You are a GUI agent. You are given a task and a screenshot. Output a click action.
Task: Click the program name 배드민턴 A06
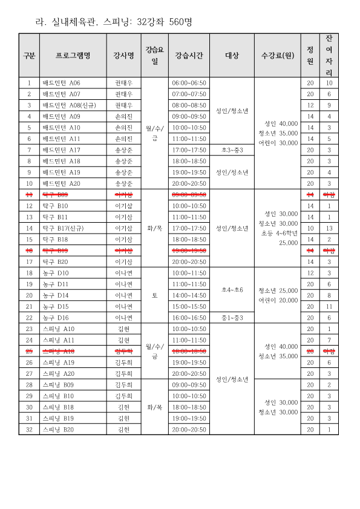[61, 83]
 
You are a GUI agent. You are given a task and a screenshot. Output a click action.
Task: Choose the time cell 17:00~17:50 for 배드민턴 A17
[189, 149]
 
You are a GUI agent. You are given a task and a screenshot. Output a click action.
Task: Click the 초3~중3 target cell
[232, 149]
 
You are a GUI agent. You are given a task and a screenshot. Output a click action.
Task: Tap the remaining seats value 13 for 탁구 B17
[329, 228]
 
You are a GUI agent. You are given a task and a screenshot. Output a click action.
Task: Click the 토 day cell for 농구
[155, 295]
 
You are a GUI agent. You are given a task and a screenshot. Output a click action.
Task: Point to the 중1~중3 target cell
[232, 318]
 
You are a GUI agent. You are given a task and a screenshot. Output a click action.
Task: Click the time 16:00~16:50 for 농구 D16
[189, 318]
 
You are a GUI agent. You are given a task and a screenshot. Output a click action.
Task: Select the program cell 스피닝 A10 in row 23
[58, 329]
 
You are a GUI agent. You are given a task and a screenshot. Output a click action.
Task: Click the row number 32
[29, 430]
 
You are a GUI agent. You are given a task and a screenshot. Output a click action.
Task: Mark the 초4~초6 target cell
[232, 290]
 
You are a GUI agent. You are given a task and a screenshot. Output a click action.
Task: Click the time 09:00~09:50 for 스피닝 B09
[189, 385]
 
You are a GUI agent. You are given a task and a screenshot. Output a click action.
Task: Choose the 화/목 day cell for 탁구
[155, 228]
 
